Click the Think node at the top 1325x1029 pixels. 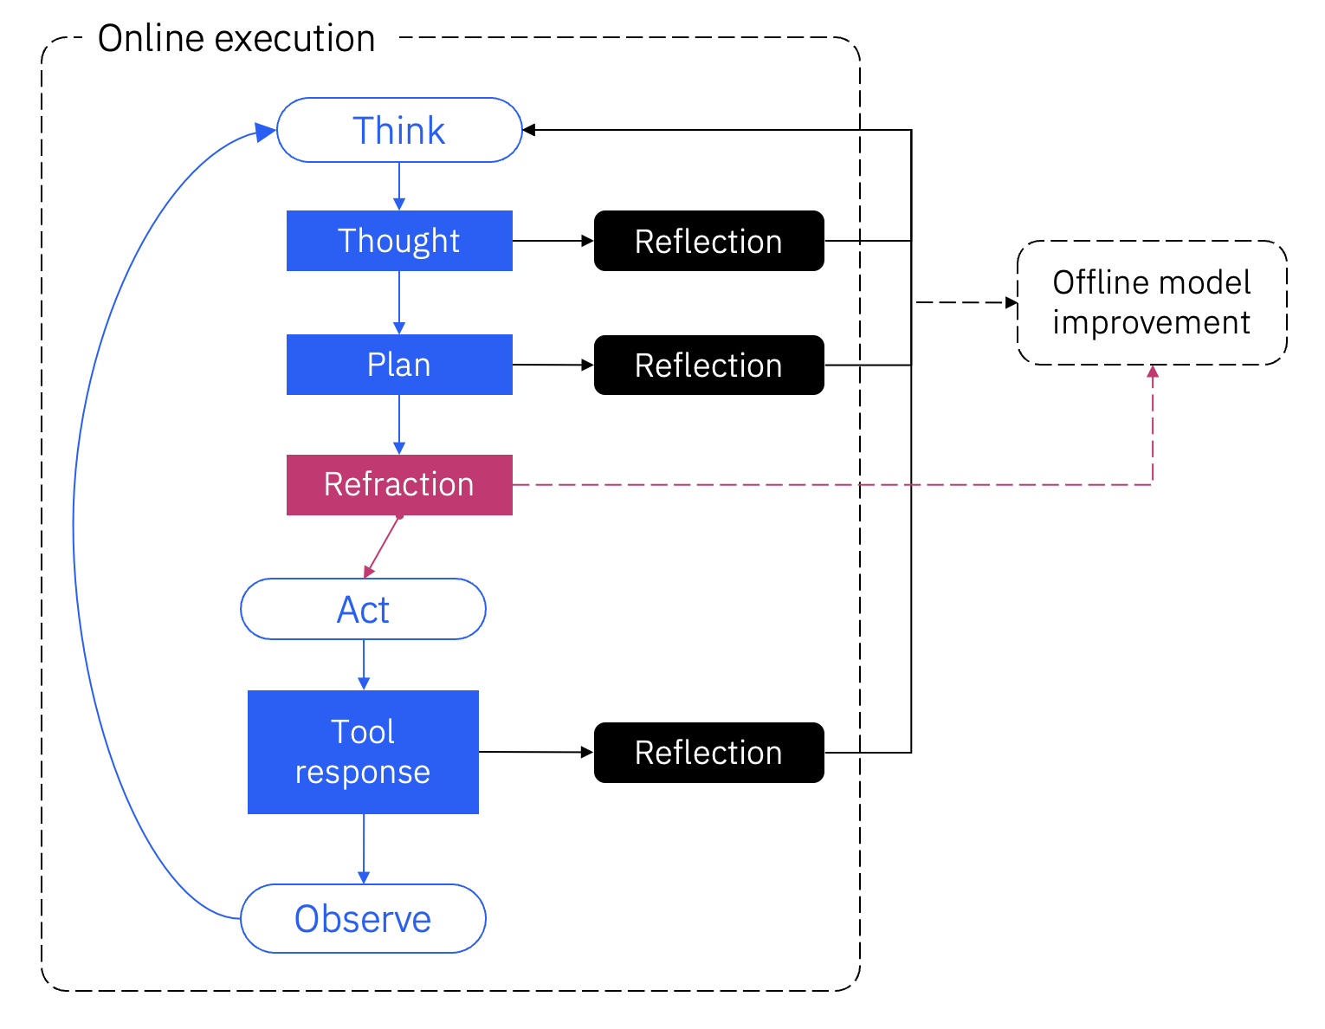point(399,130)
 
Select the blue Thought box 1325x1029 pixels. point(399,241)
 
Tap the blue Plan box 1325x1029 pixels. point(399,365)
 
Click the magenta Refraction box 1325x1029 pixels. point(399,485)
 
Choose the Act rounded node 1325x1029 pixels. point(363,609)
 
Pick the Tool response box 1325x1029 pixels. point(363,752)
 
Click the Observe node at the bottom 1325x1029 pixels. point(363,918)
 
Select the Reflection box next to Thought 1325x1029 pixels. point(708,241)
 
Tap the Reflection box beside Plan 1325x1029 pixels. point(708,365)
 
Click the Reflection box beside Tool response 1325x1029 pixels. point(708,752)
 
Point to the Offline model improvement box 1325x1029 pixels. point(1151,302)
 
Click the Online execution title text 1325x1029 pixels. point(236,39)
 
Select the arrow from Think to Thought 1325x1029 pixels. point(399,185)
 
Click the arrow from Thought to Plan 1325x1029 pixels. point(399,302)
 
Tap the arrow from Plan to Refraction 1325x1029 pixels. point(399,424)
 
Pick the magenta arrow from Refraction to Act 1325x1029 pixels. point(382,547)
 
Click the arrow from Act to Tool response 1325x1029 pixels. point(364,664)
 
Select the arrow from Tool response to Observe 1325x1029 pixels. point(364,849)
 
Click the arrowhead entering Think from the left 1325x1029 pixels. point(266,133)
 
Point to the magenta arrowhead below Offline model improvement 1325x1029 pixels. point(1152,372)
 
